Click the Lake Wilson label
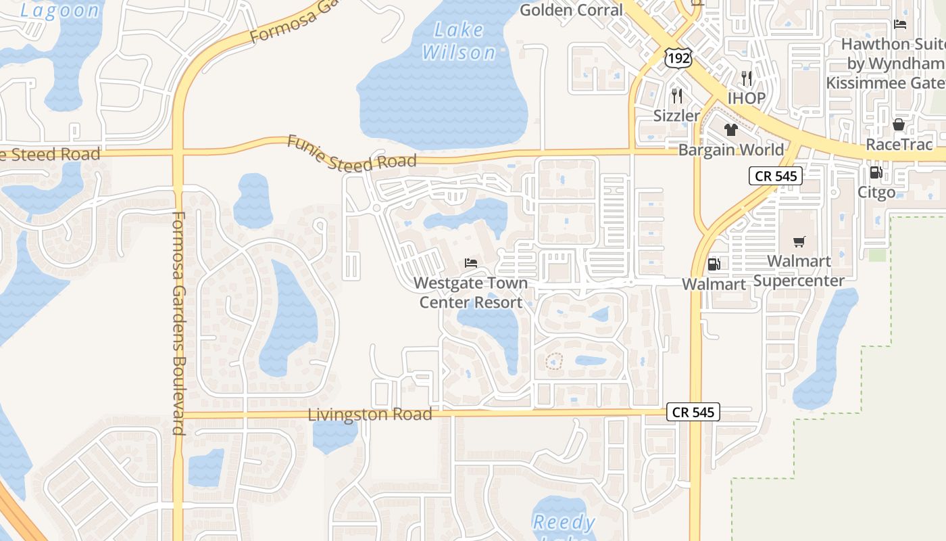pos(459,41)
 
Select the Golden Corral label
pos(572,9)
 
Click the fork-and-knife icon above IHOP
pos(746,78)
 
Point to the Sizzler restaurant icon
pos(677,95)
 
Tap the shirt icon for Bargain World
pos(730,130)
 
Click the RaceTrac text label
pos(899,144)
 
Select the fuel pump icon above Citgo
pos(876,172)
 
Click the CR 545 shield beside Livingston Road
pos(693,412)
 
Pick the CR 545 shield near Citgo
pos(775,177)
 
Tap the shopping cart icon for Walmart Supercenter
pos(799,241)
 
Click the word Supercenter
pos(799,281)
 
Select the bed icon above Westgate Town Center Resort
pos(471,263)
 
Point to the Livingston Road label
pos(370,414)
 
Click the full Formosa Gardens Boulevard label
pos(178,323)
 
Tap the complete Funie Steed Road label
pos(351,153)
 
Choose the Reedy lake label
pos(564,522)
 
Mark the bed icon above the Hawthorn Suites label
pos(899,24)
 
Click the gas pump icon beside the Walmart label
pos(713,264)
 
